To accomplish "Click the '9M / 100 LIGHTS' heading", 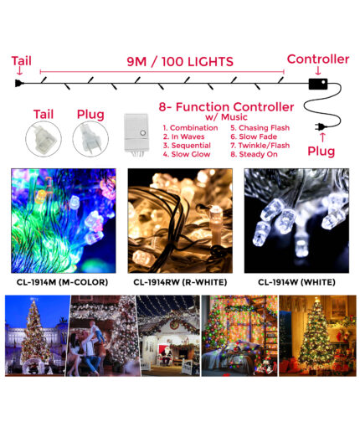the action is pyautogui.click(x=180, y=62).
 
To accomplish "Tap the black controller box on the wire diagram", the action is pyautogui.click(x=318, y=84).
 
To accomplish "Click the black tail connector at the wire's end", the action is pyautogui.click(x=19, y=83).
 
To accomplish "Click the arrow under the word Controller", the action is pyautogui.click(x=318, y=70).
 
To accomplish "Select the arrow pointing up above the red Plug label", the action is pyautogui.click(x=322, y=138).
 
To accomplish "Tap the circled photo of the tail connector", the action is pyautogui.click(x=44, y=139).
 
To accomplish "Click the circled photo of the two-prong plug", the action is pyautogui.click(x=90, y=139).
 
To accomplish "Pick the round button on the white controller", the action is pyautogui.click(x=143, y=133).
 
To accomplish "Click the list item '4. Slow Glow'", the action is pyautogui.click(x=187, y=154).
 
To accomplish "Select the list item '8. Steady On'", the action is pyautogui.click(x=254, y=154).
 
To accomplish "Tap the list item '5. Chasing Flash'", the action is pyautogui.click(x=260, y=128).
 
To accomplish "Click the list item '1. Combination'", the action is pyautogui.click(x=190, y=128).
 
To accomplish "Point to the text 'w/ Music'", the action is pyautogui.click(x=226, y=117).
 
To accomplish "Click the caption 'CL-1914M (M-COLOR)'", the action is pyautogui.click(x=62, y=282).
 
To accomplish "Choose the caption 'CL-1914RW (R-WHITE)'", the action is pyautogui.click(x=180, y=282).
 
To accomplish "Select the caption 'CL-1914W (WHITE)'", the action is pyautogui.click(x=296, y=282).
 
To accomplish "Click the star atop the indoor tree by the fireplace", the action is pyautogui.click(x=316, y=300).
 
